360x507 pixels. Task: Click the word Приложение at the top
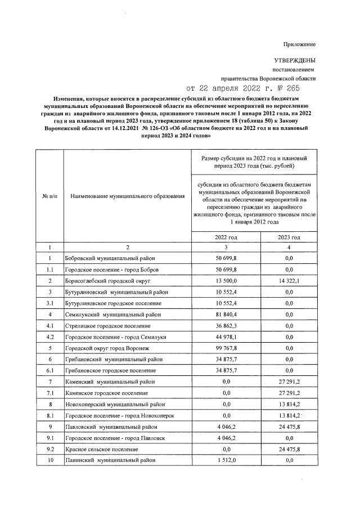pyautogui.click(x=300, y=44)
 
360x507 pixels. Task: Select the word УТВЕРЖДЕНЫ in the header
pyautogui.click(x=295, y=60)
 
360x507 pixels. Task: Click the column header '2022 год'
pyautogui.click(x=226, y=237)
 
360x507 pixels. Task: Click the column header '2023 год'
pyautogui.click(x=289, y=237)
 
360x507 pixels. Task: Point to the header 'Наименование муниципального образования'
pyautogui.click(x=128, y=196)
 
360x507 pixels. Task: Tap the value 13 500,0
pyautogui.click(x=226, y=280)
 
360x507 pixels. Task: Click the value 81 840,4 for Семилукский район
pyautogui.click(x=226, y=314)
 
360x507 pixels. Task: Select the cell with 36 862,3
pyautogui.click(x=226, y=326)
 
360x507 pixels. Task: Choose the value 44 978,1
pyautogui.click(x=226, y=337)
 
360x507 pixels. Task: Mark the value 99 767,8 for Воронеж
pyautogui.click(x=226, y=348)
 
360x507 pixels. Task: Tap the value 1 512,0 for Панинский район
pyautogui.click(x=226, y=460)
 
